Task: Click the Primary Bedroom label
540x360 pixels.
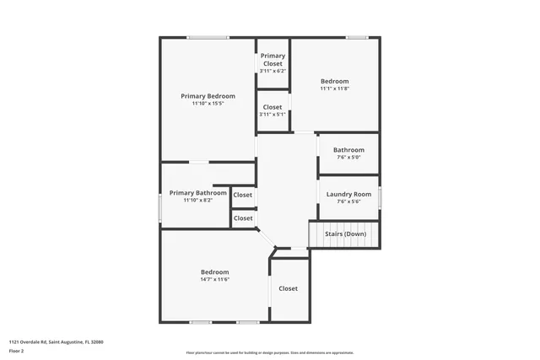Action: tap(208, 96)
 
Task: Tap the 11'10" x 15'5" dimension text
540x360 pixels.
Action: tap(208, 104)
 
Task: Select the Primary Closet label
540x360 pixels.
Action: tap(273, 59)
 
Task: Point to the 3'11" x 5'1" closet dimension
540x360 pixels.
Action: tap(273, 115)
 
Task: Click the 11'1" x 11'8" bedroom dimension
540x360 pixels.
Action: tap(334, 89)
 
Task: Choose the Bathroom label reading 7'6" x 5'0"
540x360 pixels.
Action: tap(348, 150)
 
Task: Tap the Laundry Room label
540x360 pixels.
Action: tap(348, 194)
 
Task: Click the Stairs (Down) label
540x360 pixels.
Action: tap(346, 233)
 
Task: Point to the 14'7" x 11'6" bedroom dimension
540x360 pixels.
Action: tap(214, 279)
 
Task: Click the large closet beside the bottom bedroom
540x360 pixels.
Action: tap(289, 288)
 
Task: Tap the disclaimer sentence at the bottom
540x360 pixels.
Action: tap(269, 352)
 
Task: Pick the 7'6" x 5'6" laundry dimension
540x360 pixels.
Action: tap(348, 201)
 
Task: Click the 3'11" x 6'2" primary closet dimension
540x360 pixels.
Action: tap(273, 71)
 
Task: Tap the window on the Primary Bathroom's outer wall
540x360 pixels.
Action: tap(160, 207)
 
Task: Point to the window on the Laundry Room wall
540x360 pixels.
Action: tap(380, 196)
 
